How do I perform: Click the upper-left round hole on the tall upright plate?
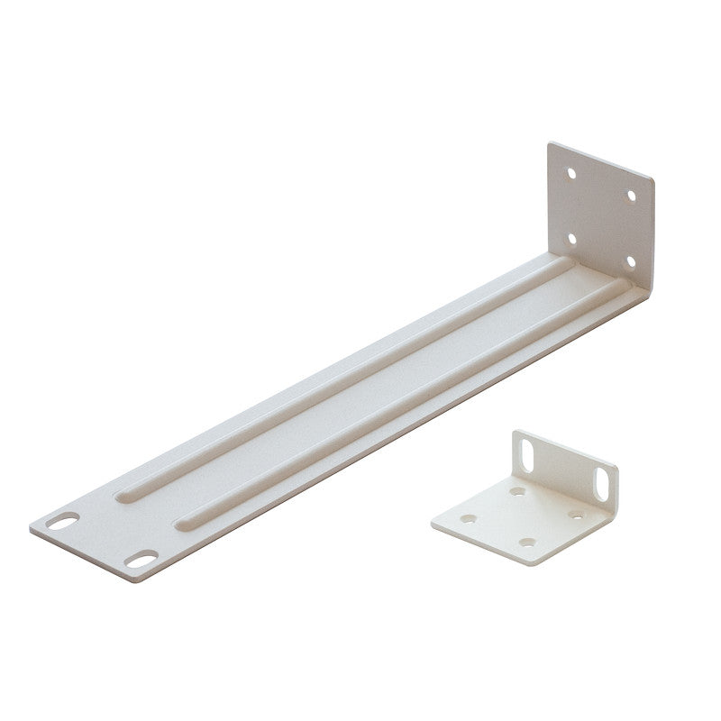570,172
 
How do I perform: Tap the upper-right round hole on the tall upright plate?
631,195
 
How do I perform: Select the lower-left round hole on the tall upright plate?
570,239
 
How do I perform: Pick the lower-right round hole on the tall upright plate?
630,261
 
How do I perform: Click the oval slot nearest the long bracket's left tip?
63,520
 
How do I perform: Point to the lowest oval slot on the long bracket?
141,560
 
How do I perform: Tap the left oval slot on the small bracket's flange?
528,456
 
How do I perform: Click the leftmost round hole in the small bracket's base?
469,519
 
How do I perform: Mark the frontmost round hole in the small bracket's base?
526,543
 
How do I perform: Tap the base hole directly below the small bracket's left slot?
517,492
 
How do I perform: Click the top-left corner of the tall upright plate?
550,142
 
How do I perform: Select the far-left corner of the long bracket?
31,528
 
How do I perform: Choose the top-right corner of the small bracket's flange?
617,469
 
